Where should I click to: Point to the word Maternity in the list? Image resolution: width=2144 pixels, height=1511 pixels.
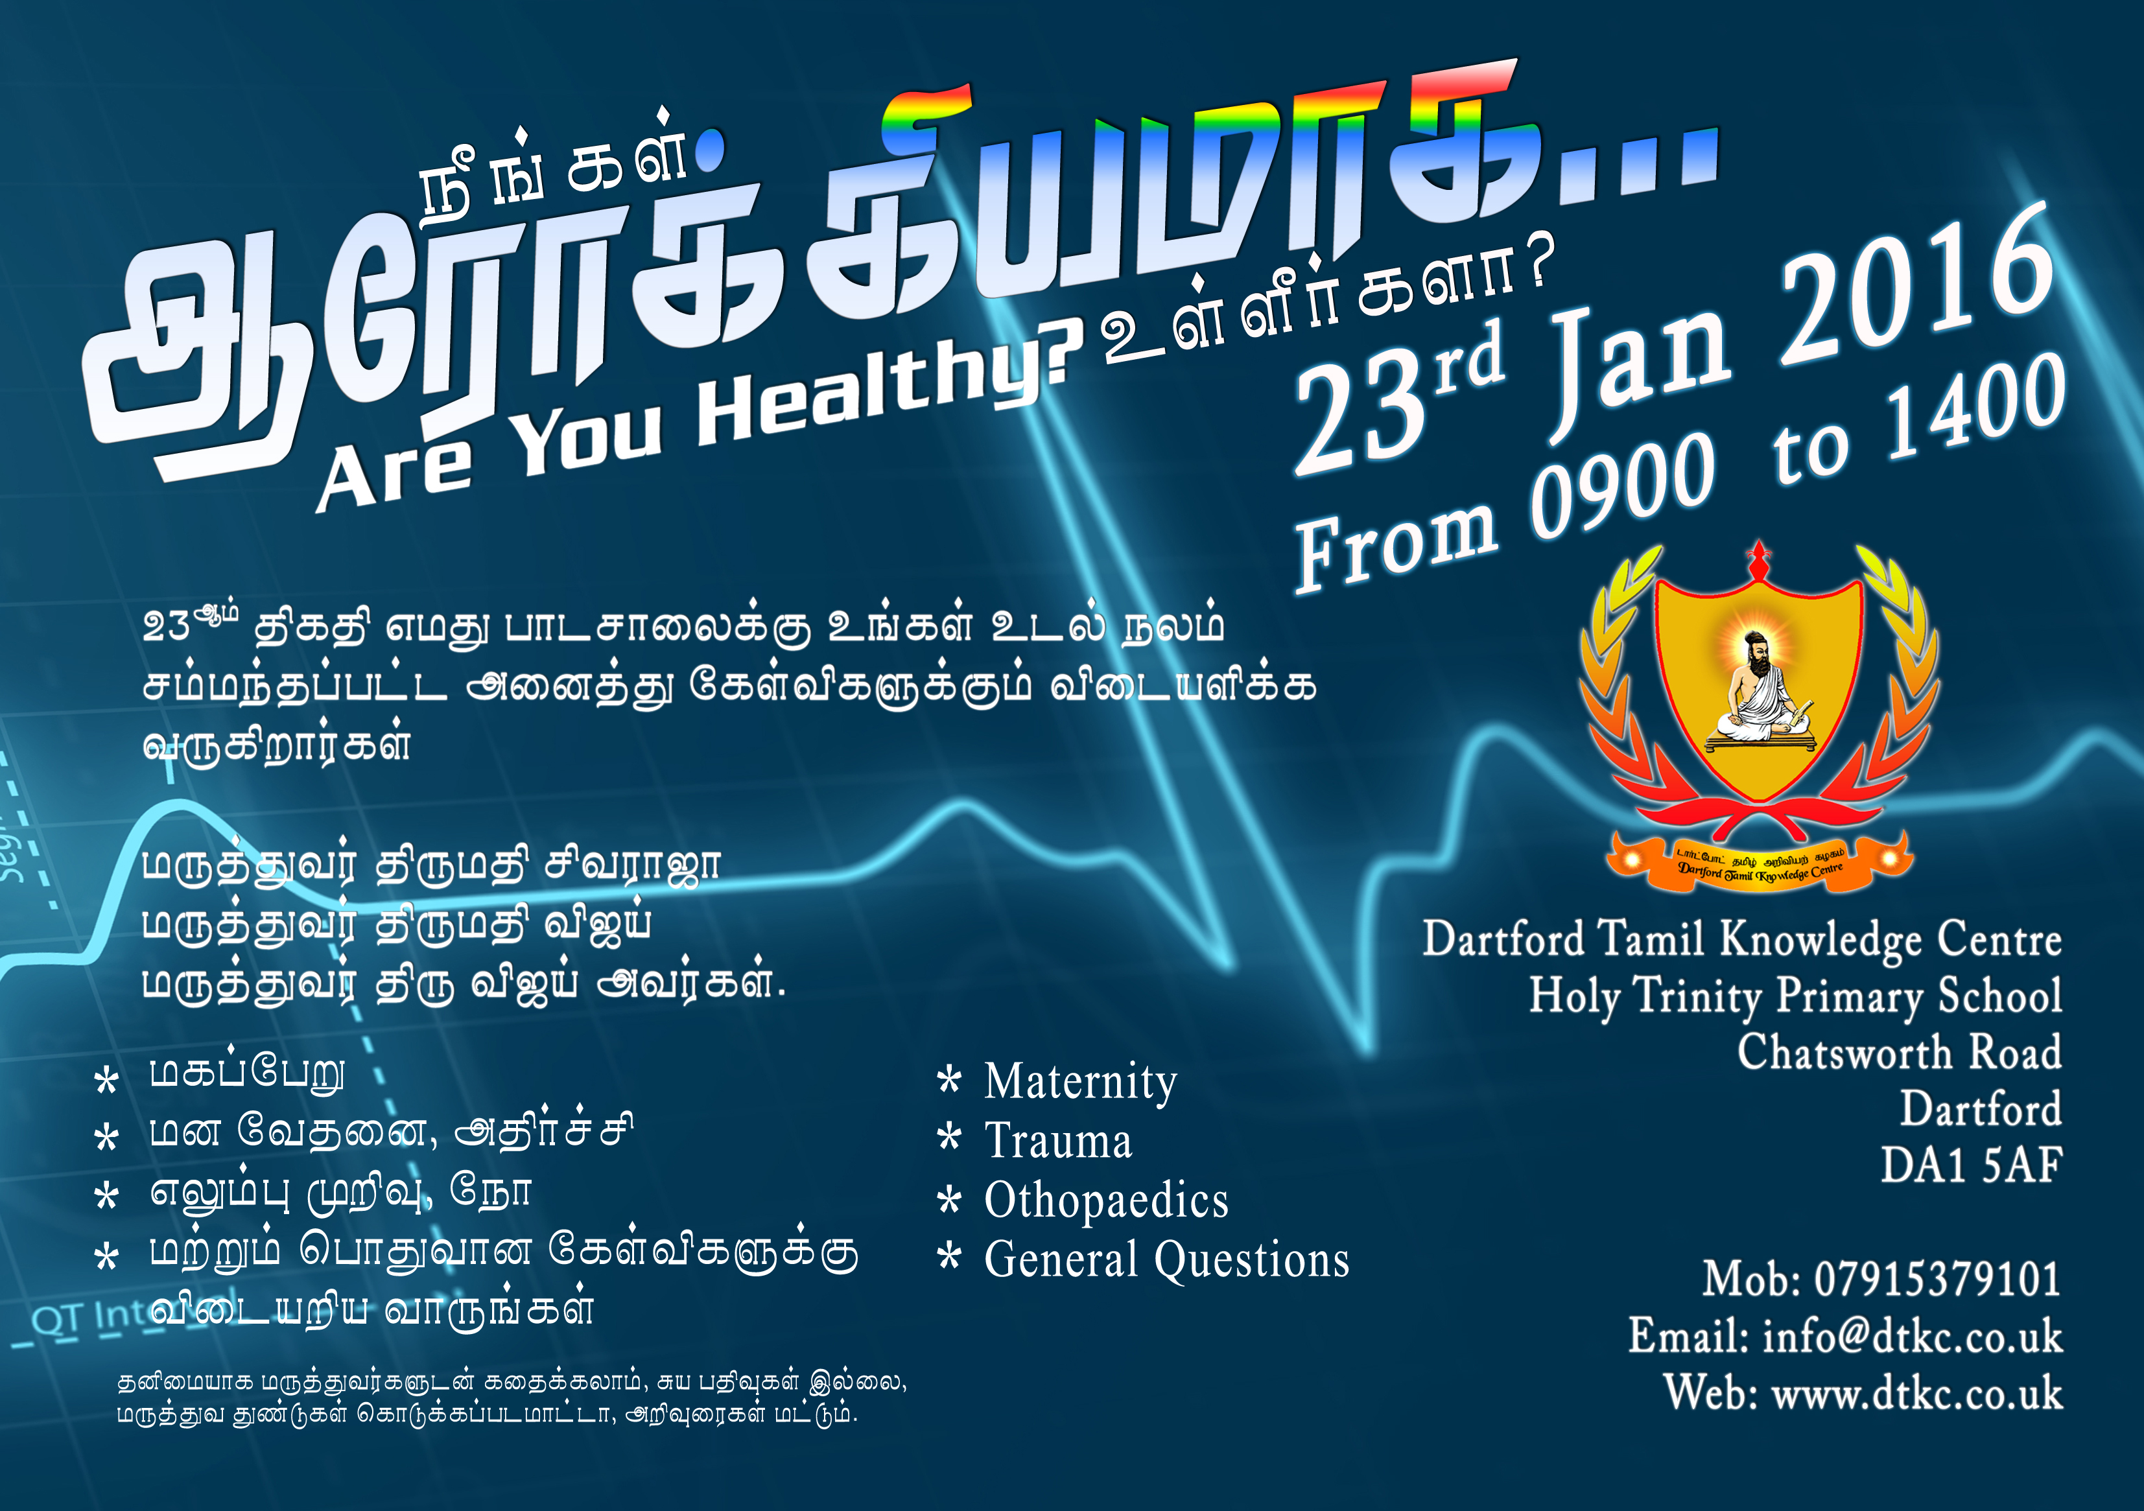[1080, 1083]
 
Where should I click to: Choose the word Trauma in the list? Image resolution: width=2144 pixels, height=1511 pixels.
[1058, 1141]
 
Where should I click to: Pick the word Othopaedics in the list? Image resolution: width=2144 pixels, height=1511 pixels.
[1107, 1201]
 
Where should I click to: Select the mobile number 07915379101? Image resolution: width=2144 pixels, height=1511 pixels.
[1938, 1280]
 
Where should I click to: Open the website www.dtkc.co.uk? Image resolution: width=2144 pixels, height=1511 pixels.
[1917, 1393]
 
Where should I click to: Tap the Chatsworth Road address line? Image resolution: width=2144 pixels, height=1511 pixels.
[1900, 1053]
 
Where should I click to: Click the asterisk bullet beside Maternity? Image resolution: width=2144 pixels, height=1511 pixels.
[948, 1081]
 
